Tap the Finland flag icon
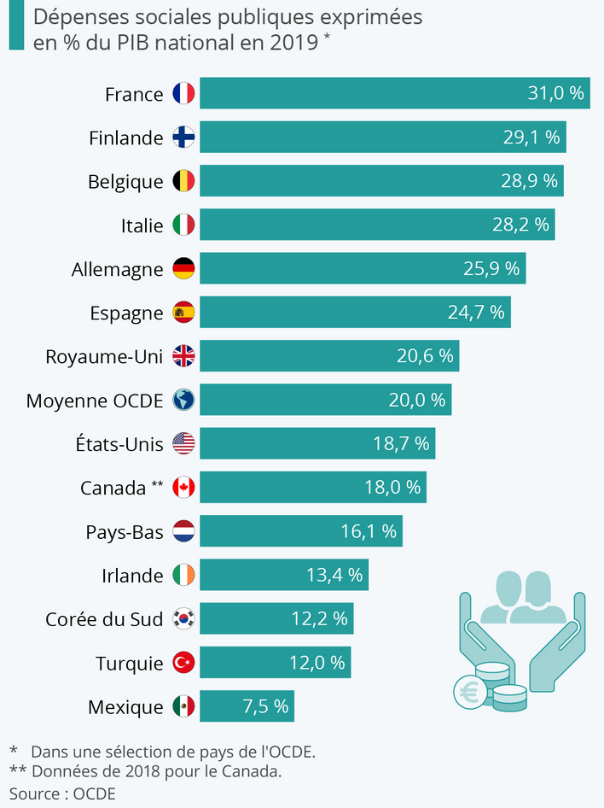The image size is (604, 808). [183, 138]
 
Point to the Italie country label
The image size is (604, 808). [142, 225]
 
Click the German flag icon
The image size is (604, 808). [183, 269]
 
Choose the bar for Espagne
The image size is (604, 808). [355, 313]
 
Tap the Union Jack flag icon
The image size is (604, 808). [183, 356]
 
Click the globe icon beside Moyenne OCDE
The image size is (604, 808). [183, 400]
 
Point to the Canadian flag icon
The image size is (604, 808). [183, 488]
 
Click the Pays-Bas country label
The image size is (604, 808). [124, 531]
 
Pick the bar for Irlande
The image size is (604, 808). [284, 575]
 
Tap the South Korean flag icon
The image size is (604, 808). [183, 619]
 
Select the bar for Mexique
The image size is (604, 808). [247, 706]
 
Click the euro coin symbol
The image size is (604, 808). [469, 693]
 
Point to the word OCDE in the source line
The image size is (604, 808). [94, 793]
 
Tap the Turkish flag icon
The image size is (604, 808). [183, 663]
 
